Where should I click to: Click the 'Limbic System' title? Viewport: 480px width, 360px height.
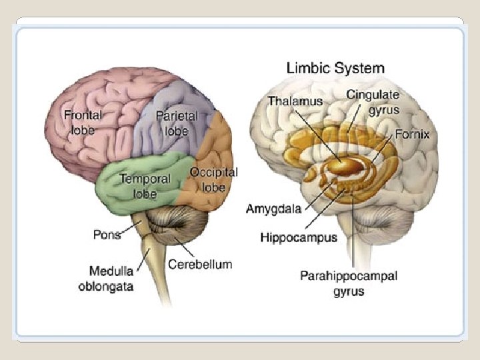(x=335, y=68)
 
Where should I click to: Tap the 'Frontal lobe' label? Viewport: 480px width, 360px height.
(x=83, y=122)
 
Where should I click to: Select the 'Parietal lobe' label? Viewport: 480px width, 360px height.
(x=177, y=123)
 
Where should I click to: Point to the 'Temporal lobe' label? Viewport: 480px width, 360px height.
(x=145, y=186)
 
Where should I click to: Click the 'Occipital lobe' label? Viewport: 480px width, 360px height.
(x=213, y=179)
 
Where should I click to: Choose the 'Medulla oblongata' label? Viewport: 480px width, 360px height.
(x=111, y=278)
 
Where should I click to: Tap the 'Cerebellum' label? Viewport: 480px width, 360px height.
(x=200, y=264)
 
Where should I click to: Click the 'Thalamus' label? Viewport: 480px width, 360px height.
(x=295, y=101)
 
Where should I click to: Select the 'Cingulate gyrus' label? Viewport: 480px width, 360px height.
(x=373, y=102)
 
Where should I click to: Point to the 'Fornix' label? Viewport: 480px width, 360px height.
(x=412, y=134)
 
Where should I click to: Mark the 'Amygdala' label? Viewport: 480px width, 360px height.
(x=274, y=209)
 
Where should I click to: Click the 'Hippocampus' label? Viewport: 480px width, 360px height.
(x=298, y=237)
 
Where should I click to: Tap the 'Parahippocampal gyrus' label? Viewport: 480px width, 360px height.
(x=348, y=283)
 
